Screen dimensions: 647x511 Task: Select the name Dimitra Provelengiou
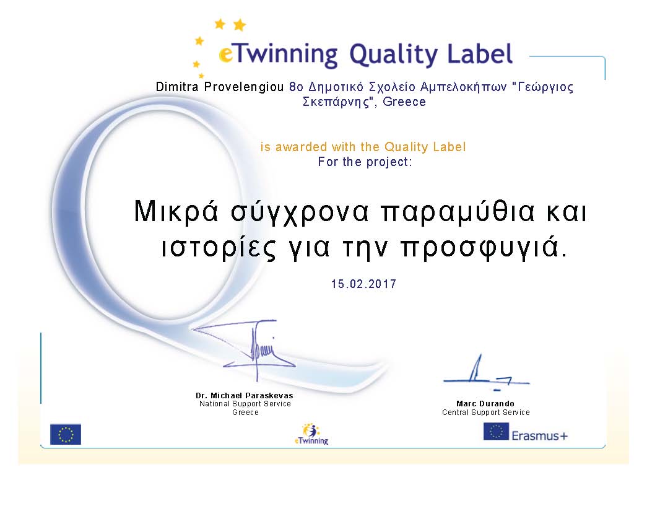click(x=220, y=87)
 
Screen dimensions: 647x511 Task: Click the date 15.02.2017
click(x=363, y=284)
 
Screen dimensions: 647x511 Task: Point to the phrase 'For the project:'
click(x=365, y=162)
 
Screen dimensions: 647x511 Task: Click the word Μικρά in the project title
click(x=176, y=212)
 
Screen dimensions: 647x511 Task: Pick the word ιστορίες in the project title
click(x=218, y=248)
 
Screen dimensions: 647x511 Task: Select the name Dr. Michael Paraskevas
click(x=245, y=395)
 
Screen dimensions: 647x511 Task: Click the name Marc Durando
click(x=485, y=404)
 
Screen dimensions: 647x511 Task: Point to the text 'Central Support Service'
click(x=485, y=413)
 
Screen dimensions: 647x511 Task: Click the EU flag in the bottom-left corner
click(x=66, y=434)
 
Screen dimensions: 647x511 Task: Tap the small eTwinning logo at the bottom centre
click(x=311, y=434)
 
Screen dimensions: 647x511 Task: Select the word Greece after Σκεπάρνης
click(x=404, y=102)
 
